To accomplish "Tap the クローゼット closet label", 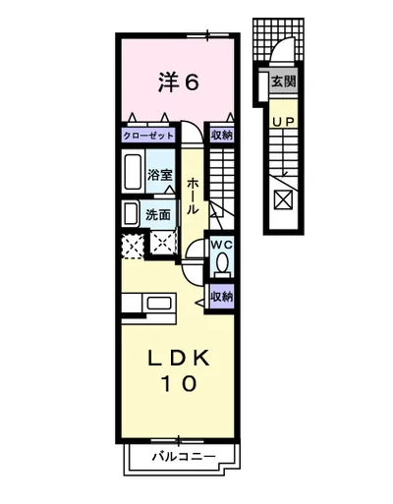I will click(x=149, y=136).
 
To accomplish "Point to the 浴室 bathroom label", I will click(x=159, y=176).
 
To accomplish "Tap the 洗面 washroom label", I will click(x=157, y=213).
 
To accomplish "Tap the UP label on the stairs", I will click(x=283, y=121).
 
